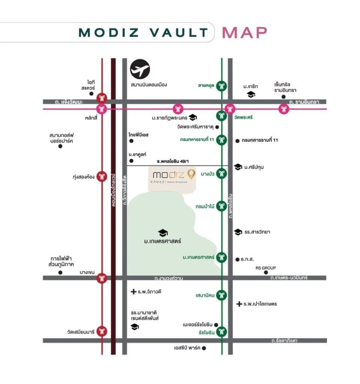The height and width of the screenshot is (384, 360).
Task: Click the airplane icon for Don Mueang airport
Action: tap(140, 69)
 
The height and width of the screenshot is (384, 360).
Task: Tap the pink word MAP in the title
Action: tap(244, 32)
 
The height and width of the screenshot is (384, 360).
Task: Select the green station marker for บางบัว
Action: tap(222, 173)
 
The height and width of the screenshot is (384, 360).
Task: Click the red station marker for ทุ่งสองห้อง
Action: tap(102, 176)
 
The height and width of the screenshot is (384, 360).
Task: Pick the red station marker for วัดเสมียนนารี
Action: tap(102, 331)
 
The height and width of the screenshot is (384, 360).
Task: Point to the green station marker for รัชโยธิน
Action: tap(222, 331)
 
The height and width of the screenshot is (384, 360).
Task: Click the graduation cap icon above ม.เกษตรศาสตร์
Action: tap(163, 232)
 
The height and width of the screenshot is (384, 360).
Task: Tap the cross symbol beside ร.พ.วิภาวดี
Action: tap(133, 292)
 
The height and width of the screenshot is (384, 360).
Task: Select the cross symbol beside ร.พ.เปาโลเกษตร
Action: tap(239, 304)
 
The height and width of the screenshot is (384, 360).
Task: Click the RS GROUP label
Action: tap(266, 268)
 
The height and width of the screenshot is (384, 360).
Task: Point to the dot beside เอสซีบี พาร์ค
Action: tap(204, 348)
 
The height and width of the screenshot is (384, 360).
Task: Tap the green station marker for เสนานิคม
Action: tap(222, 295)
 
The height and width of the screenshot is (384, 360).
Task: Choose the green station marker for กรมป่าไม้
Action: tap(222, 207)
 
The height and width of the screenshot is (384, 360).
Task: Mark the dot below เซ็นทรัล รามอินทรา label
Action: tap(284, 97)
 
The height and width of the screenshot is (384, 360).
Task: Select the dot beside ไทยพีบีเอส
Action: tap(131, 141)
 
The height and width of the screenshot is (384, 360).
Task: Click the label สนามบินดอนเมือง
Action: tap(149, 85)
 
